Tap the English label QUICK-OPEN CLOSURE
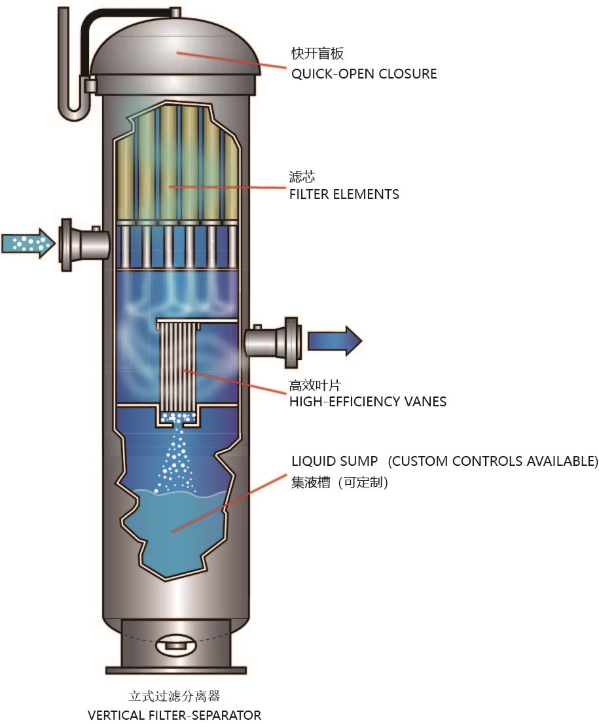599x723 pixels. (364, 74)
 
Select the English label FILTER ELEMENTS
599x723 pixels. (344, 194)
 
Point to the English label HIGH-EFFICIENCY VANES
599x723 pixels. (368, 402)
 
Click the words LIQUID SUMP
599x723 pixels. (334, 461)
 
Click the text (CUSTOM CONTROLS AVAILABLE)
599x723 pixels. (493, 461)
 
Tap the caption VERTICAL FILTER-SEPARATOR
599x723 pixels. (174, 714)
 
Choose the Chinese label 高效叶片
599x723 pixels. (316, 385)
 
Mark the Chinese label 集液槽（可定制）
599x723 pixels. (340, 483)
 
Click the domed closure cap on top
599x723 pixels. (175, 52)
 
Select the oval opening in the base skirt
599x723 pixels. (175, 645)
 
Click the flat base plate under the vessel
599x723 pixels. (175, 670)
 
